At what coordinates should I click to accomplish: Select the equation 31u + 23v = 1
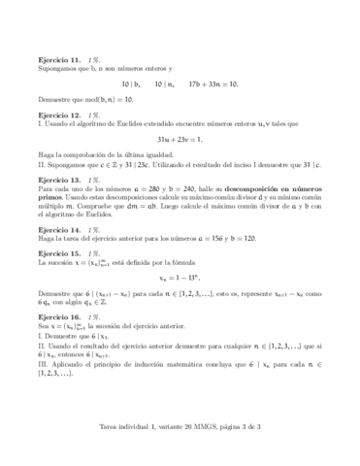(180, 140)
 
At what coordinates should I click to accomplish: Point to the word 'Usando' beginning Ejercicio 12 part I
(57, 124)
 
